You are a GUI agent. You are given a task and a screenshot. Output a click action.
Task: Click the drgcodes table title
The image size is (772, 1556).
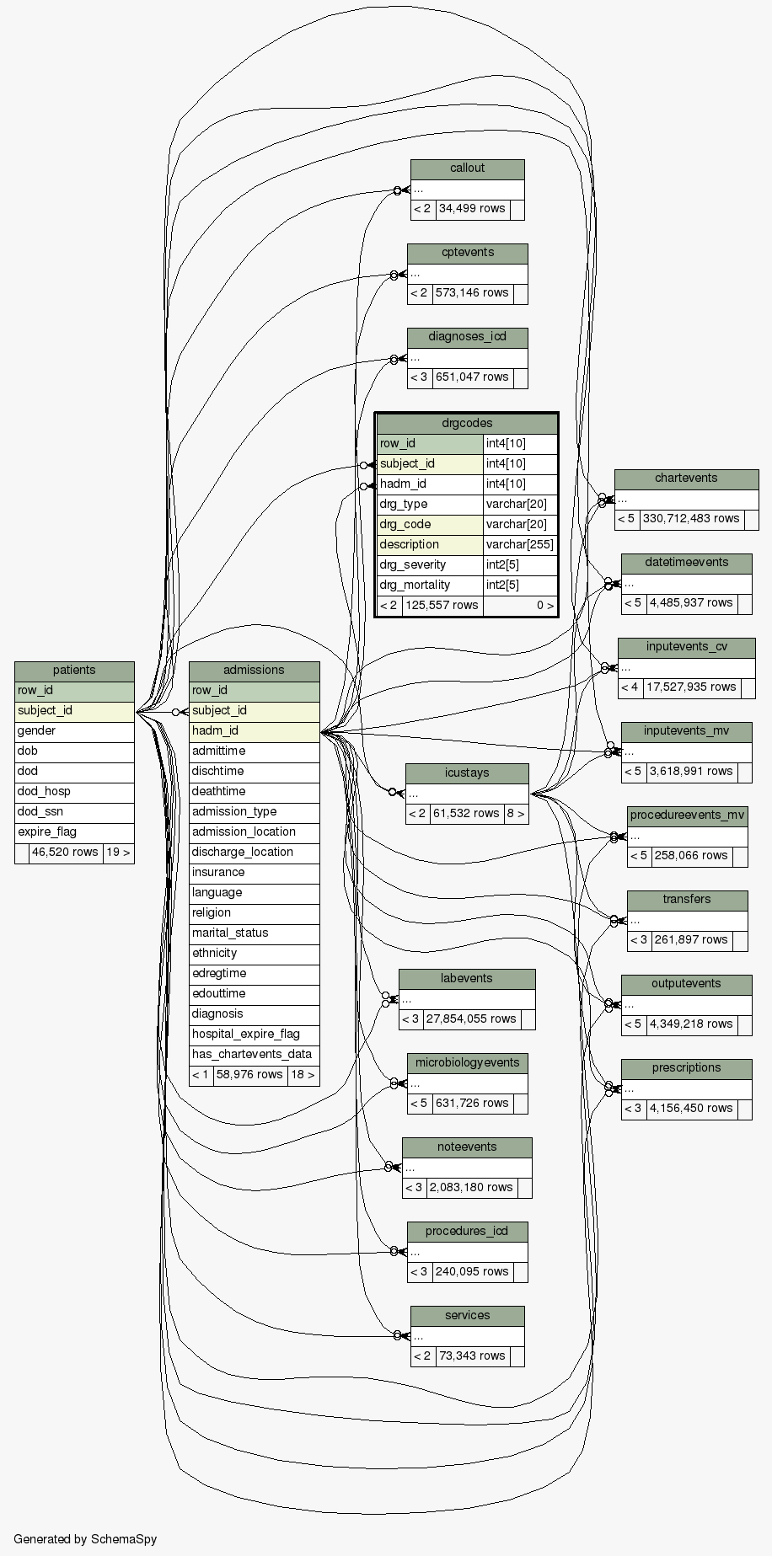pyautogui.click(x=466, y=423)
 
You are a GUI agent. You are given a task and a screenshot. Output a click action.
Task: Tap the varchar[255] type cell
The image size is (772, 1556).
pyautogui.click(x=519, y=544)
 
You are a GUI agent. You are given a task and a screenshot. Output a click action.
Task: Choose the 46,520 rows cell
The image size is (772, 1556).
pyautogui.click(x=65, y=852)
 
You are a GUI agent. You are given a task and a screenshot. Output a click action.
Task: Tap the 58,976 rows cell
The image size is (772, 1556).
pyautogui.click(x=249, y=1074)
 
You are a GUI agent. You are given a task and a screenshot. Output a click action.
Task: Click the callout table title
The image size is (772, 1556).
pyautogui.click(x=467, y=168)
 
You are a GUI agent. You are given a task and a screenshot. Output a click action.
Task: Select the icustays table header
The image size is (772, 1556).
pyautogui.click(x=466, y=773)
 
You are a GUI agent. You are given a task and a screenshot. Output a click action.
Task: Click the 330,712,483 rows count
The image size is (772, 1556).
pyautogui.click(x=690, y=518)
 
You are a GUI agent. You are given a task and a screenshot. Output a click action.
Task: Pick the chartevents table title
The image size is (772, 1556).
pyautogui.click(x=686, y=479)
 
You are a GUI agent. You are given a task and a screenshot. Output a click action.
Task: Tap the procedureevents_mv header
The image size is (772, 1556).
pyautogui.click(x=687, y=815)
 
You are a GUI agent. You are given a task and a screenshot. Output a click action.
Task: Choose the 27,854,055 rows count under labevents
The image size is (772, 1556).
pyautogui.click(x=470, y=1019)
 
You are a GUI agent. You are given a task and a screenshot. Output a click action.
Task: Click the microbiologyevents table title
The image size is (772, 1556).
pyautogui.click(x=467, y=1062)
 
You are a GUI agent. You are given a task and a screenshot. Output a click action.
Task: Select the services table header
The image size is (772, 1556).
pyautogui.click(x=467, y=1315)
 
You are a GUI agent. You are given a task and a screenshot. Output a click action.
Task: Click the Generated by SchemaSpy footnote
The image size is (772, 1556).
pyautogui.click(x=85, y=1539)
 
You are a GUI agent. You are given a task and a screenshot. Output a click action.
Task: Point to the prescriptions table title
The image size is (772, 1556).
pyautogui.click(x=686, y=1068)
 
